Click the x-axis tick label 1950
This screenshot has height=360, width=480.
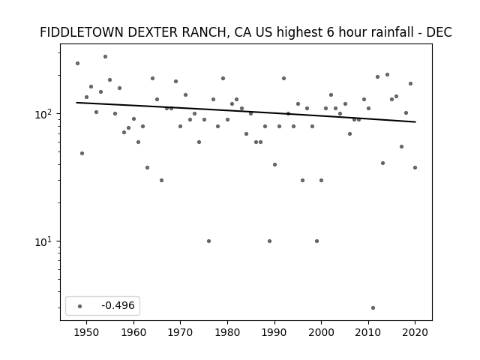[x=86, y=332]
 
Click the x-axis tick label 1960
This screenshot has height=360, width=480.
[x=133, y=332]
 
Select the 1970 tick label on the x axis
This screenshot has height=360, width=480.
[x=180, y=332]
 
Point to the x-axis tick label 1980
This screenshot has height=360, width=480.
[x=227, y=332]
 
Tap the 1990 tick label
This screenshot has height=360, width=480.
[x=274, y=332]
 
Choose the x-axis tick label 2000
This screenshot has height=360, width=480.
[x=321, y=332]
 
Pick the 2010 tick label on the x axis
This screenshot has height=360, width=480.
[x=368, y=332]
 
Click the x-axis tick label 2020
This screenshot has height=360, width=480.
[x=415, y=332]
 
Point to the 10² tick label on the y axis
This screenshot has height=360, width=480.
[x=46, y=114]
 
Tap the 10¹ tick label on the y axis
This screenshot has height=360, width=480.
[x=46, y=241]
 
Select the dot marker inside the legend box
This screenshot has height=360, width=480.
[x=79, y=306]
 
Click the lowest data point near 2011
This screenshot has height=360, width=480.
[x=373, y=307]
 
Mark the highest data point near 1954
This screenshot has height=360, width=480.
[x=105, y=56]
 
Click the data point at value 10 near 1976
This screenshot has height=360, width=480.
[x=208, y=241]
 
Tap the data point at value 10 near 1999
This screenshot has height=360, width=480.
[x=316, y=241]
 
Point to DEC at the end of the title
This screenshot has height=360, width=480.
[x=439, y=32]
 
